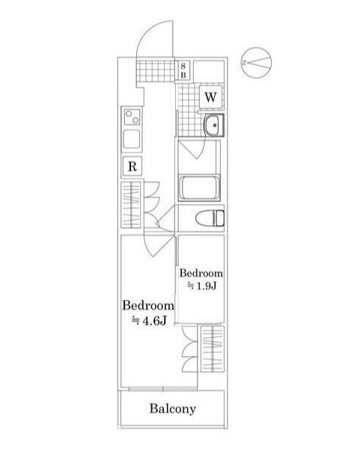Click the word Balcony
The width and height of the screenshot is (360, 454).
(x=172, y=409)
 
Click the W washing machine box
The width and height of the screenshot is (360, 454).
(x=210, y=97)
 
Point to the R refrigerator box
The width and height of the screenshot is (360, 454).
(x=132, y=166)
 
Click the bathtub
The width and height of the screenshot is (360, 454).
(x=200, y=187)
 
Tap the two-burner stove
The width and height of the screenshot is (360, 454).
(x=132, y=117)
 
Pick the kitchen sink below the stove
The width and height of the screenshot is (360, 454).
(x=132, y=139)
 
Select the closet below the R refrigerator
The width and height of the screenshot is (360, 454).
(x=132, y=206)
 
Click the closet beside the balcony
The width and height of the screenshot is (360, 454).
(x=212, y=347)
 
